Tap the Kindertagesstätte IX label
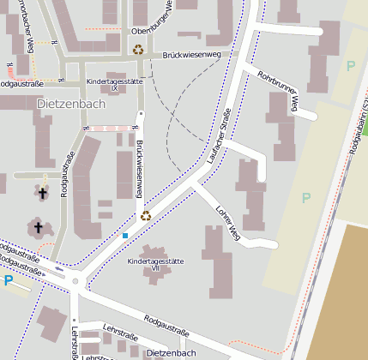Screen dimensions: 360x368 coord(115,83)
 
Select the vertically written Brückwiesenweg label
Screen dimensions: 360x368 coord(138,168)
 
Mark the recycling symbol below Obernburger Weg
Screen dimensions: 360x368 coord(138,50)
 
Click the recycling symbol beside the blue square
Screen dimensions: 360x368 coord(146,216)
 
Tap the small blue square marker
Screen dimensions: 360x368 coord(125,235)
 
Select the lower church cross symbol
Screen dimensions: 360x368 coord(36,227)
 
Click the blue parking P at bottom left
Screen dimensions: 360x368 coord(9,279)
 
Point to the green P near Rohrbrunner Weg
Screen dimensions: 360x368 coord(350,65)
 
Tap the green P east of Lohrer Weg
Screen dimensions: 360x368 coord(306,198)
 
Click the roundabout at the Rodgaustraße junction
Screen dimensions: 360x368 coord(75,281)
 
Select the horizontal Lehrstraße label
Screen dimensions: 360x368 coord(120,327)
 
